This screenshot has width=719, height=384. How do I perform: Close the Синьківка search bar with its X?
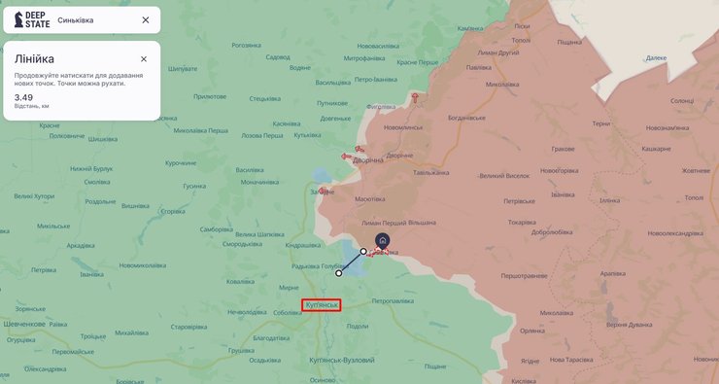(x=146, y=19)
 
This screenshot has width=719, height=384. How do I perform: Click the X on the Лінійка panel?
(x=144, y=58)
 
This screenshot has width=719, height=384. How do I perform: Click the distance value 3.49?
(x=23, y=97)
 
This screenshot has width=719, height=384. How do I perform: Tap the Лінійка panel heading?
(x=35, y=58)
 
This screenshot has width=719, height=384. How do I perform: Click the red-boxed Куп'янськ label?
(x=321, y=305)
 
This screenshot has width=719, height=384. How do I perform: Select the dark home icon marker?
(x=383, y=240)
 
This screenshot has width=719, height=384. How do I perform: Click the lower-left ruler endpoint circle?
(x=339, y=273)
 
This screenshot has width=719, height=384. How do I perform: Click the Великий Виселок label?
(x=504, y=176)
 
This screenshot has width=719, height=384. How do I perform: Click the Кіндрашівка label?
(x=302, y=244)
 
